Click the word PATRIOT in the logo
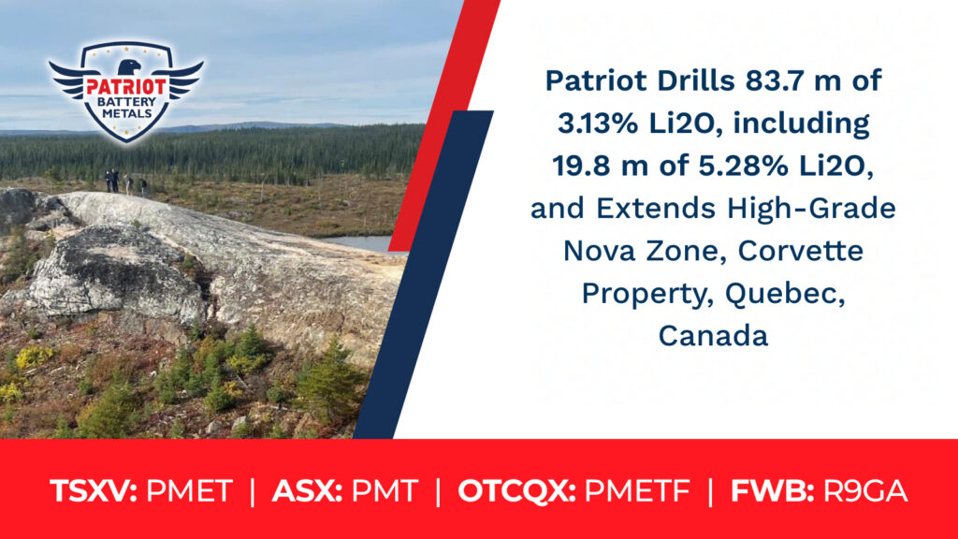click(x=126, y=87)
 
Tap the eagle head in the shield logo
click(x=128, y=67)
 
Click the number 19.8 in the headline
click(x=583, y=166)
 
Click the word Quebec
click(x=785, y=293)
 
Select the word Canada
click(x=713, y=336)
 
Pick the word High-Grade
click(x=811, y=209)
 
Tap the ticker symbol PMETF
click(x=637, y=490)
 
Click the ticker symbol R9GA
click(x=865, y=490)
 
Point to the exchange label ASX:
click(x=307, y=490)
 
